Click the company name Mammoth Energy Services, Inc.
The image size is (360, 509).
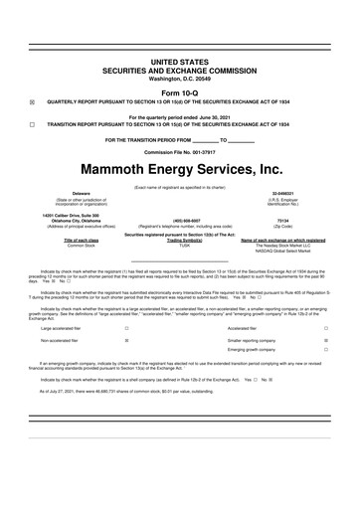tap(180, 171)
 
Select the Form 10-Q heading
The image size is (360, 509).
tap(180, 91)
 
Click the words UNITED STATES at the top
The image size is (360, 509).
tap(180, 62)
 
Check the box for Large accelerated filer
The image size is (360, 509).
tap(126, 327)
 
